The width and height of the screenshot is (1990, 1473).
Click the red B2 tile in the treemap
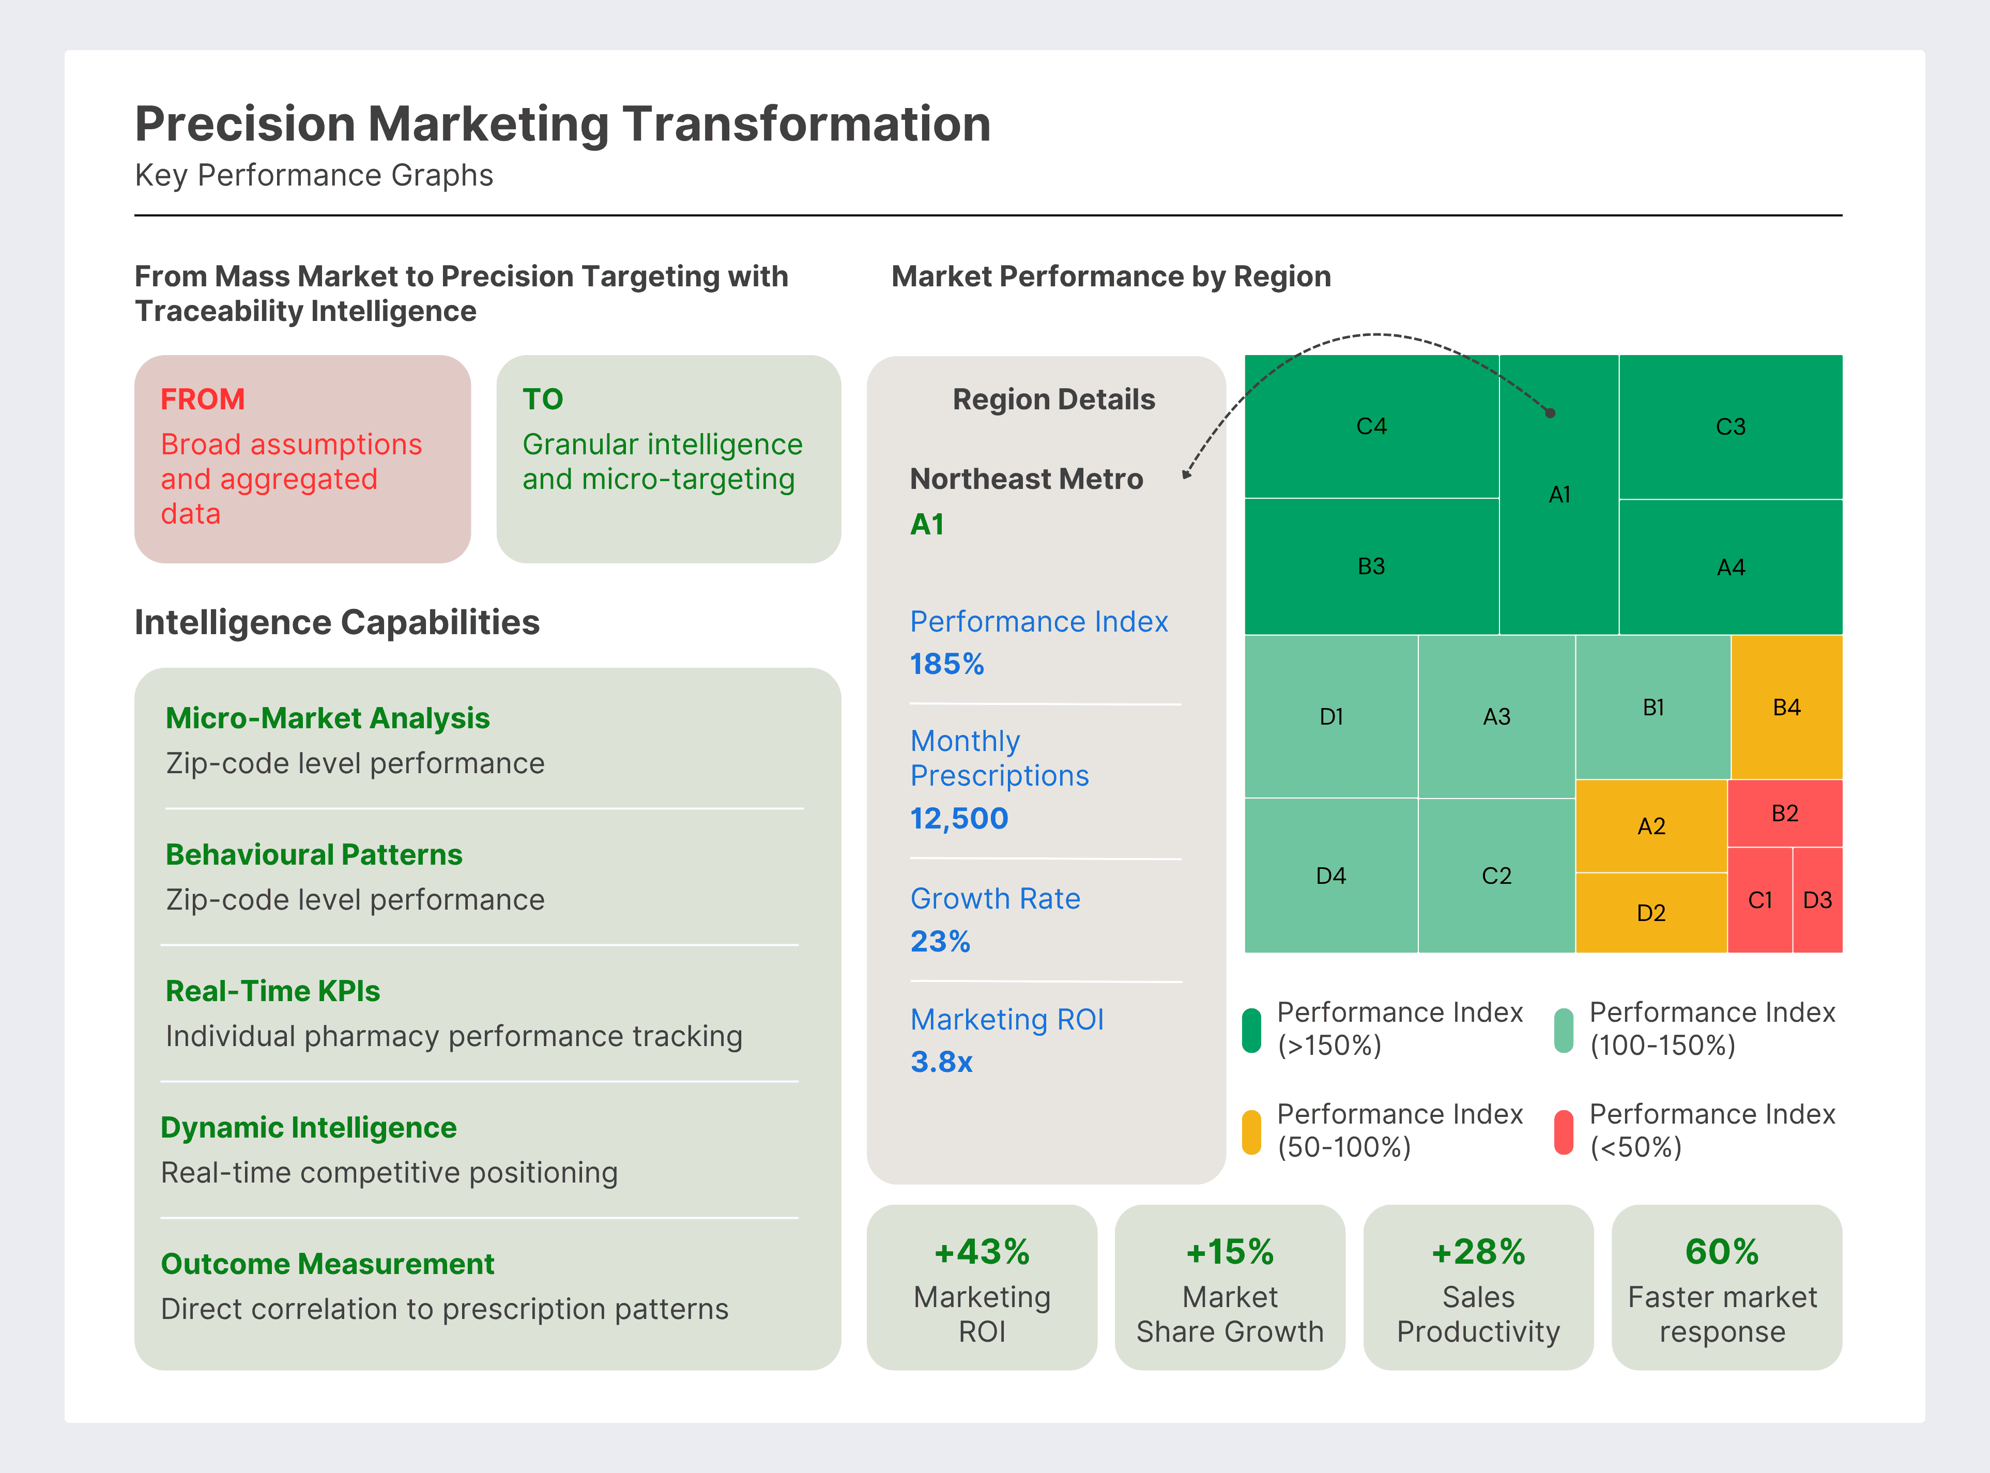(x=1784, y=813)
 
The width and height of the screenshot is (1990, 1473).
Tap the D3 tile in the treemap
(x=1817, y=900)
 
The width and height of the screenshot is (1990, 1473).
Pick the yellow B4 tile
(x=1786, y=707)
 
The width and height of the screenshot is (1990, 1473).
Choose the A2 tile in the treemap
(x=1651, y=826)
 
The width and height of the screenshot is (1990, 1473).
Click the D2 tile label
(x=1651, y=913)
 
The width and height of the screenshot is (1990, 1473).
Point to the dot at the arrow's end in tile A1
(x=1551, y=413)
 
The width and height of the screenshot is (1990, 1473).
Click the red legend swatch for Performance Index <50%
(x=1563, y=1131)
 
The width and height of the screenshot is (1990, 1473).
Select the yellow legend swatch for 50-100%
(x=1252, y=1131)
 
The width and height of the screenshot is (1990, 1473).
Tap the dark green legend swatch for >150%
(x=1252, y=1030)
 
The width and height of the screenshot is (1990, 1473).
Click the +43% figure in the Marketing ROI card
(x=982, y=1252)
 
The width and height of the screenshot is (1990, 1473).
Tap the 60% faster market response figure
(x=1722, y=1252)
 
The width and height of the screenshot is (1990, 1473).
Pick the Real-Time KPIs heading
(x=273, y=991)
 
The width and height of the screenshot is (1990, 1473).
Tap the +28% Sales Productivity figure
(x=1478, y=1252)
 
